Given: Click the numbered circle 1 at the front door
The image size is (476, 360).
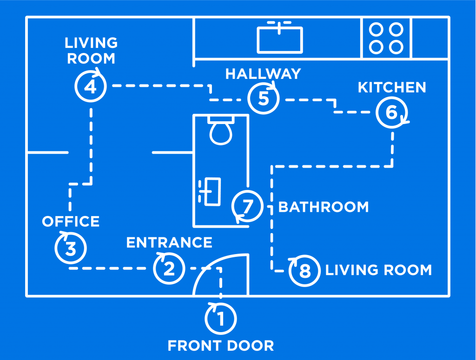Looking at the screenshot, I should [x=221, y=319].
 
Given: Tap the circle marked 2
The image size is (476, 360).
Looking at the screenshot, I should [x=169, y=268].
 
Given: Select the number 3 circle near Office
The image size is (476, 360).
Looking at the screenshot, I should [x=71, y=248].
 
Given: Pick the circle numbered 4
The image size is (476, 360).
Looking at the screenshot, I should [x=91, y=86].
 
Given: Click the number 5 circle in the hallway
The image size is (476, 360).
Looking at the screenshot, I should [x=264, y=98].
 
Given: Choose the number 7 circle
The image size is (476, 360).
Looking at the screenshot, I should [x=247, y=205].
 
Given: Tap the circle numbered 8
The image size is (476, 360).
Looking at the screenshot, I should [x=304, y=270].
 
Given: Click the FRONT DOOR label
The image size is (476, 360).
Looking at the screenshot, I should [x=221, y=346].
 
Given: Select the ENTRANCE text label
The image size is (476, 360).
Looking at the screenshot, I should [x=169, y=242].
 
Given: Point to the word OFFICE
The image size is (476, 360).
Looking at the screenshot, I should [x=71, y=222].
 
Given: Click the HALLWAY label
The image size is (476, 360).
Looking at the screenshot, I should [x=263, y=74].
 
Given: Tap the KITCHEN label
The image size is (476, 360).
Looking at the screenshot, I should [x=392, y=87].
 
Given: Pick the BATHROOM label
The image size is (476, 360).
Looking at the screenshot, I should [x=324, y=207].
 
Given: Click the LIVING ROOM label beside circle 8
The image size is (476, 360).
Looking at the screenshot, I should [x=378, y=270].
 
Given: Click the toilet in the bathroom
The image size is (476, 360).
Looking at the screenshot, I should [x=221, y=130].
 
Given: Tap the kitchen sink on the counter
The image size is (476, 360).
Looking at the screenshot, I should [x=280, y=38].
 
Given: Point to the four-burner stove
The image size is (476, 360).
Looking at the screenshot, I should [x=386, y=38].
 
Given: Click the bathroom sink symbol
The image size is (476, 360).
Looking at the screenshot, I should [x=211, y=191].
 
